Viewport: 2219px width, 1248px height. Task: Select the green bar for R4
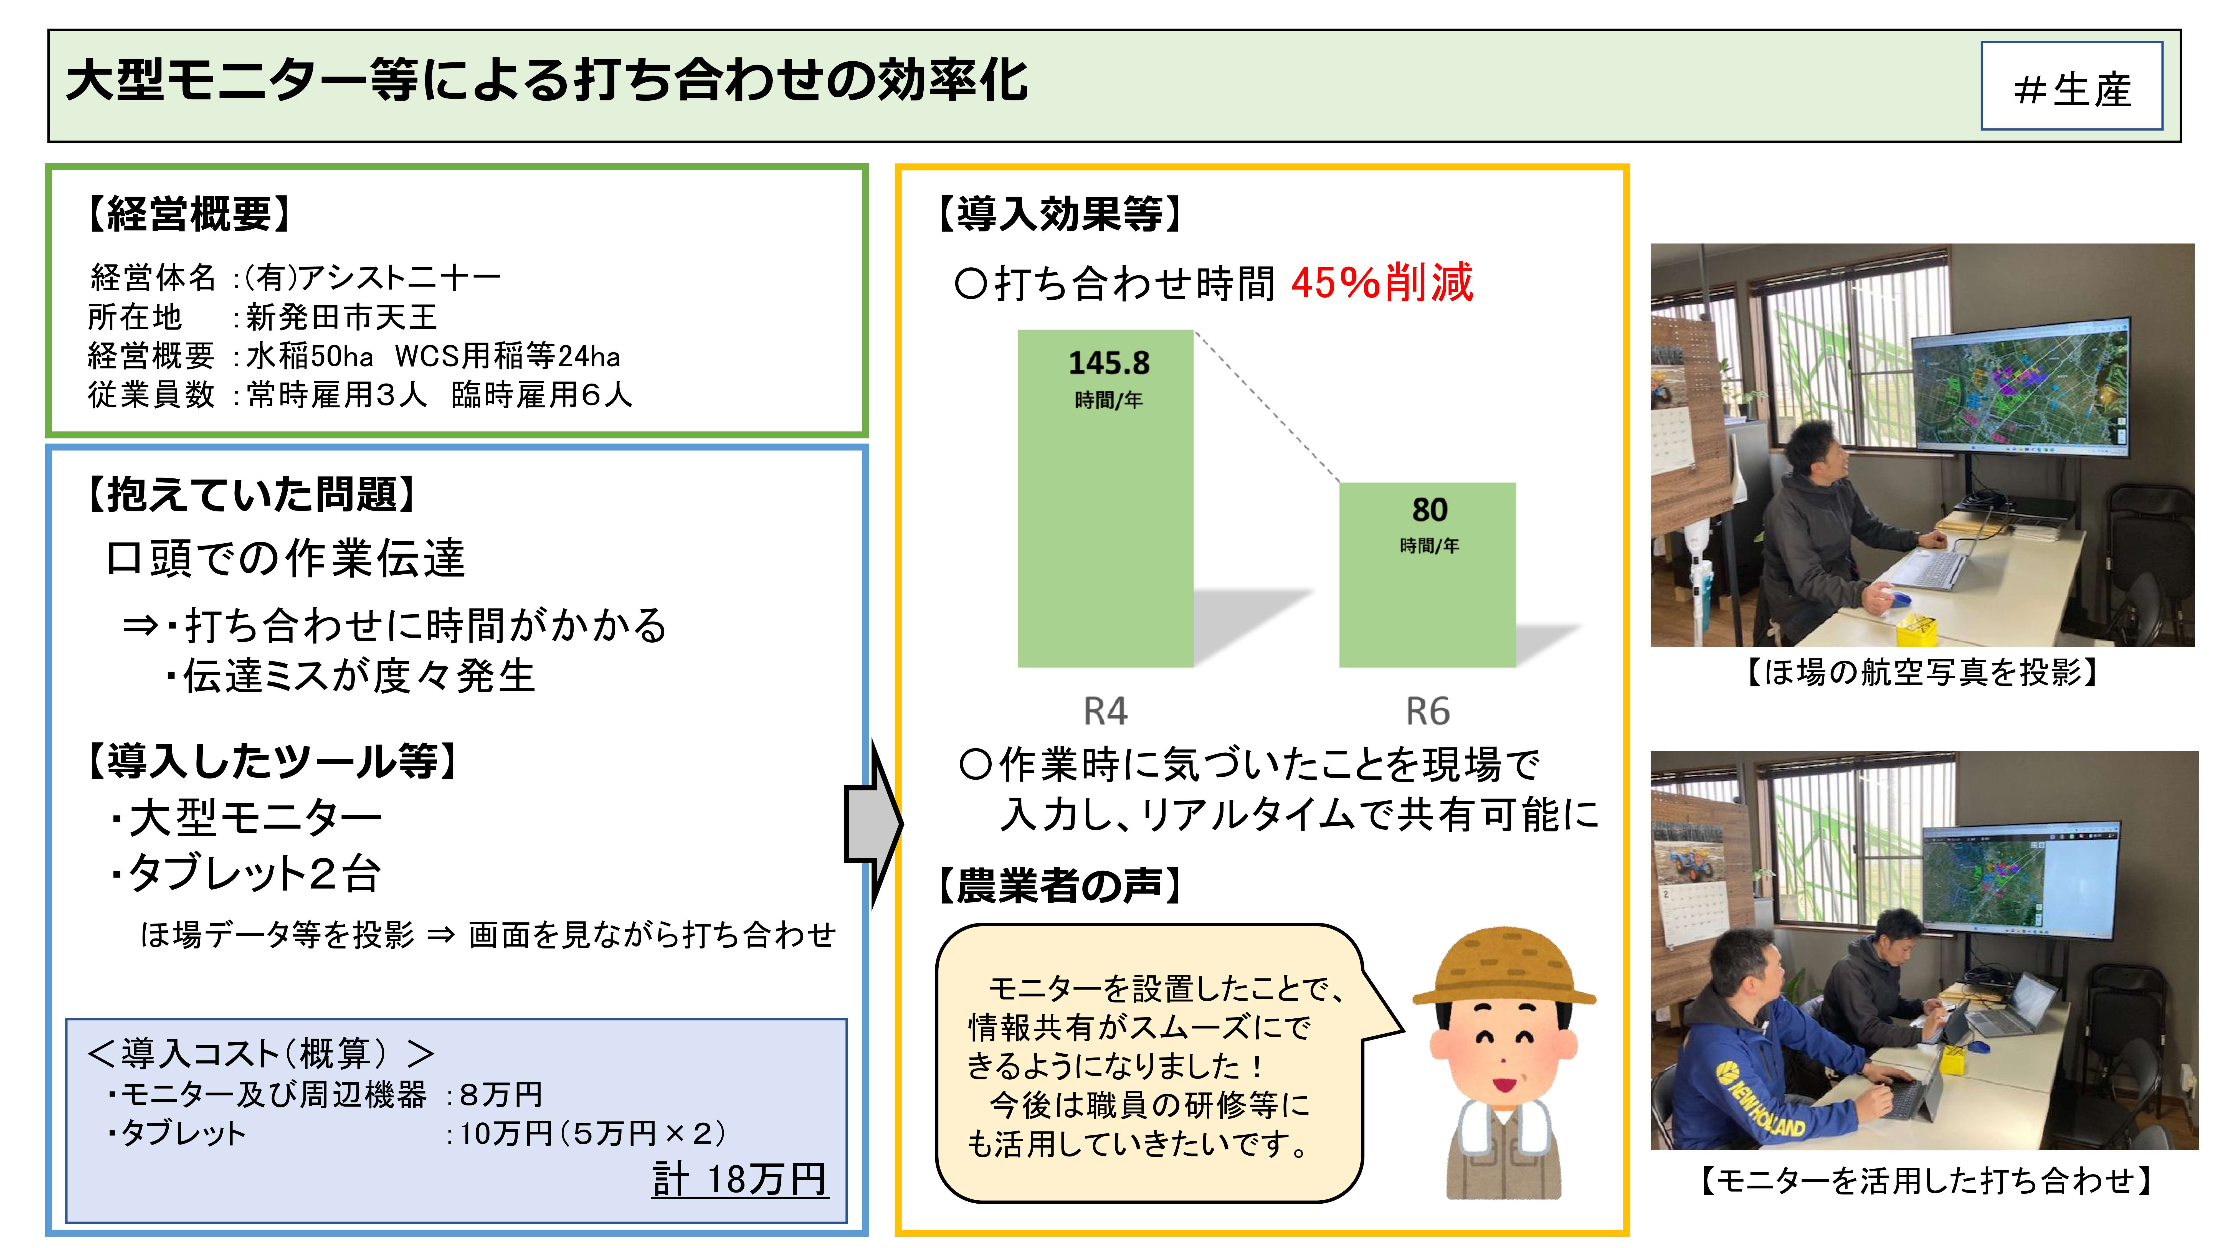coord(1105,517)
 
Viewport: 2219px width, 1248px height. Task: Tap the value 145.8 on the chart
coord(1109,362)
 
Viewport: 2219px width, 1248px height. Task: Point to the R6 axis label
coord(1427,711)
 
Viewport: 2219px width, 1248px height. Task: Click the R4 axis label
coord(1105,711)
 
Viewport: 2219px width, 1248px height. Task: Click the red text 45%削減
coord(1382,283)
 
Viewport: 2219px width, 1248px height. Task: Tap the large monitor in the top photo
coord(2020,388)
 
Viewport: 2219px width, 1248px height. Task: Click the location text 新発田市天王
coord(342,317)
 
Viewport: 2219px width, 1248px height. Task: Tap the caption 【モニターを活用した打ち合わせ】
coord(1925,1180)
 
